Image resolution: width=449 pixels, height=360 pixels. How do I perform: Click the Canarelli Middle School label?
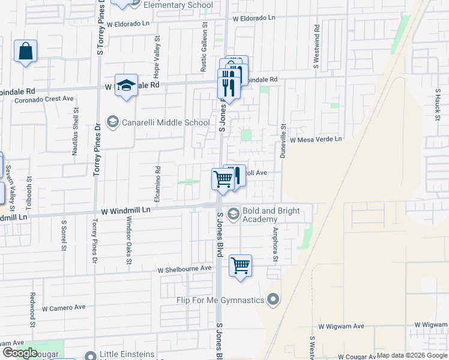166,122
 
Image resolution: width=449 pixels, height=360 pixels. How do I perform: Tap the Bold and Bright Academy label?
268,215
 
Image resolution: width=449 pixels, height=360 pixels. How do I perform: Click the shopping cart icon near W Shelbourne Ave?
241,265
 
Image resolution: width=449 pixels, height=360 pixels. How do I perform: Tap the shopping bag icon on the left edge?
26,52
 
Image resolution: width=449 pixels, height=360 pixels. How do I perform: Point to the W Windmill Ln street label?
125,211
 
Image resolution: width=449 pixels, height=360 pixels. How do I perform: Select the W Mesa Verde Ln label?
315,139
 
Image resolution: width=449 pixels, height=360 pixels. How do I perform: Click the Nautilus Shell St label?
75,131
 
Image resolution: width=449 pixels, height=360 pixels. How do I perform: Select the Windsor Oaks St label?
128,240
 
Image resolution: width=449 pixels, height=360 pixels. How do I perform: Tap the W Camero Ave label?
64,307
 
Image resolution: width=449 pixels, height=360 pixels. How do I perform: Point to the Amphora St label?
276,242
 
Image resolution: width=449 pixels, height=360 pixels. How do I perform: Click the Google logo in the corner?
20,353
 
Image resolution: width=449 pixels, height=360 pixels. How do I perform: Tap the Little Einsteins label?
128,355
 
